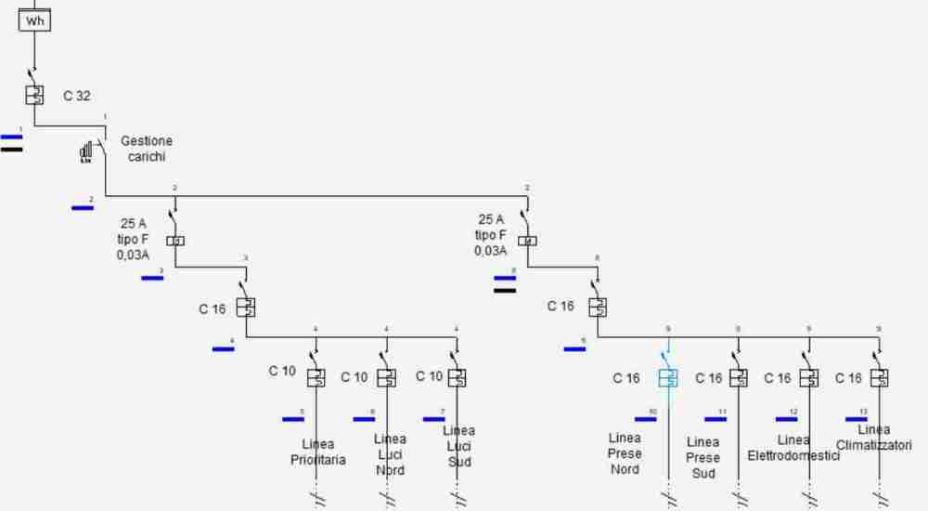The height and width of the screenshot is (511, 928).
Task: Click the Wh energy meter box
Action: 34,20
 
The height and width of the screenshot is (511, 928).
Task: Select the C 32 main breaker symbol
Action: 34,95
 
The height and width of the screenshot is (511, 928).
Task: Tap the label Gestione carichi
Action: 147,149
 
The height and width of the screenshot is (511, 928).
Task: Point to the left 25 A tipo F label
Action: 134,238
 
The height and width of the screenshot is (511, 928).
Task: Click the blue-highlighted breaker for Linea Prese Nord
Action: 668,377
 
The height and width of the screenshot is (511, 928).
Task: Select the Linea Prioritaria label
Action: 317,452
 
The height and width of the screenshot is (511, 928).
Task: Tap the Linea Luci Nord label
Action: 390,454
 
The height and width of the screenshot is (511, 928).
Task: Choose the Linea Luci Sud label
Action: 458,445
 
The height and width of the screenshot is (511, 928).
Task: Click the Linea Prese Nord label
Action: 625,453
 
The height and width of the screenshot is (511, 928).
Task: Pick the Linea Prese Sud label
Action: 702,457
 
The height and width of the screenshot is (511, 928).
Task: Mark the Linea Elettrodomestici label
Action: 793,448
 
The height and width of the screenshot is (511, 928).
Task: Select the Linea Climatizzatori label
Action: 873,438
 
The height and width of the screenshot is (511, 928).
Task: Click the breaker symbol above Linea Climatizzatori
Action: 879,377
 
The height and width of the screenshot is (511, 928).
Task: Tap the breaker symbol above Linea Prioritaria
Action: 316,377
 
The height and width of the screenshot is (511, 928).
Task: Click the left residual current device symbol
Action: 175,241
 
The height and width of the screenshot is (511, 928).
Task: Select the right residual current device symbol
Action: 526,241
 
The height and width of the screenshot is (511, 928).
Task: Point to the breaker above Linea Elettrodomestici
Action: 809,377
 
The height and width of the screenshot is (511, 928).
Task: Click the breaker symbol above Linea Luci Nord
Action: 387,377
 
